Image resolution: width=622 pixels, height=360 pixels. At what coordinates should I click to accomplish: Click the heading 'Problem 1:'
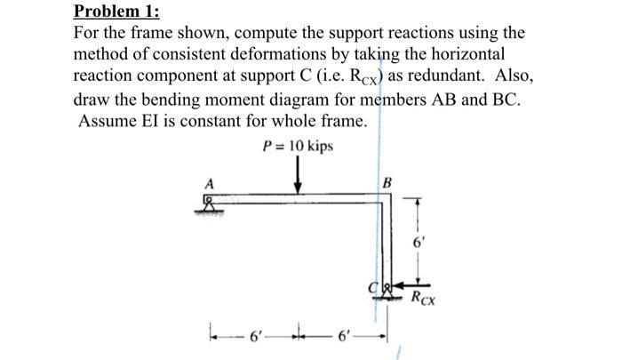(112, 12)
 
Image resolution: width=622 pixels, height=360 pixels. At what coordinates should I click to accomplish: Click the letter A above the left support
(210, 184)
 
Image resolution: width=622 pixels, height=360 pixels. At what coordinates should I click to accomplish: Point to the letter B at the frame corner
(387, 185)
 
